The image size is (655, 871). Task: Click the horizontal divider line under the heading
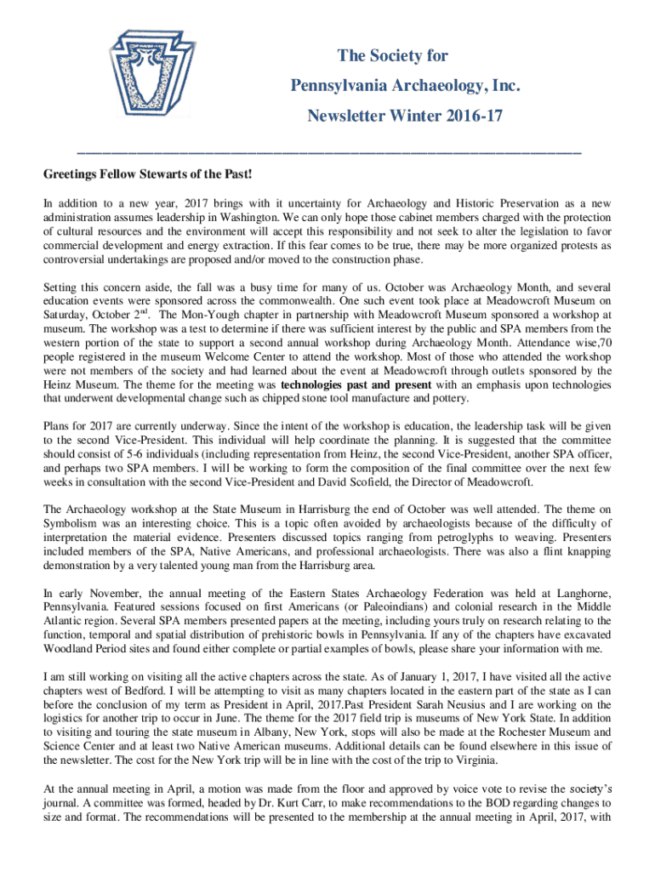pyautogui.click(x=327, y=152)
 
